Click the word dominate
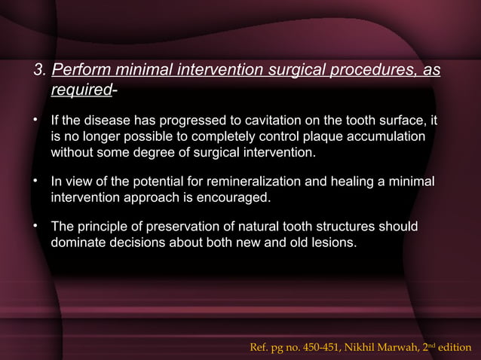[x=77, y=244]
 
